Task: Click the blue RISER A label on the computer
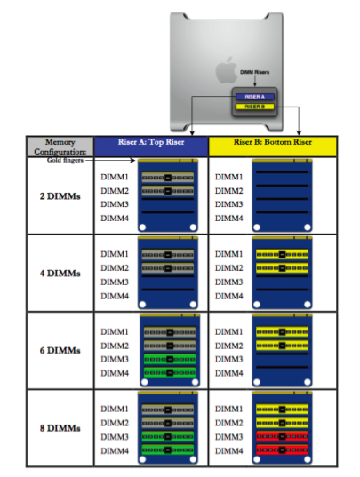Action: [254, 95]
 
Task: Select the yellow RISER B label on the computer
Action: [254, 106]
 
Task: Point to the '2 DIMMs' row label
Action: [60, 196]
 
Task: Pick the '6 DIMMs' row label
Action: [60, 351]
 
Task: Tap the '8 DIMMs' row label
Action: [60, 429]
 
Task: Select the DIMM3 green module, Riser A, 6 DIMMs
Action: [166, 358]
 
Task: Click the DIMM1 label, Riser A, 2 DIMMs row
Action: [114, 177]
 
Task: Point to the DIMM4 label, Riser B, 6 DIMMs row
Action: [228, 372]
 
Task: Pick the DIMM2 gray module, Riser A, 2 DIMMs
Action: [166, 191]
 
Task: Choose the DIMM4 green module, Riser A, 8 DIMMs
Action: [166, 450]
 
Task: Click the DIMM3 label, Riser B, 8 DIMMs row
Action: [228, 436]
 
